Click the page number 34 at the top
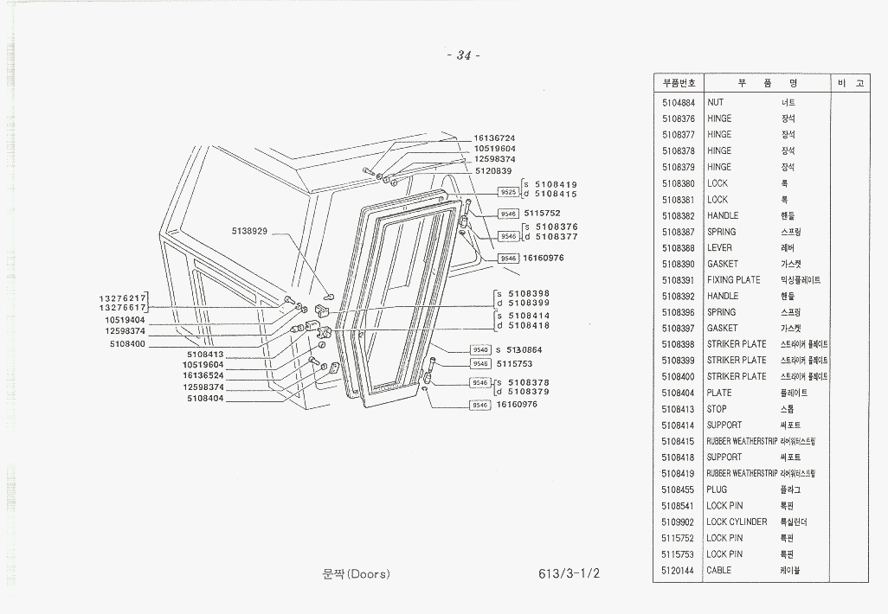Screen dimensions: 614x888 (x=463, y=56)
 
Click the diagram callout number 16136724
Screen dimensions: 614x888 (x=494, y=138)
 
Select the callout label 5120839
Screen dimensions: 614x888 (x=494, y=170)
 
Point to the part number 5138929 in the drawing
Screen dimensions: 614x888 (x=249, y=232)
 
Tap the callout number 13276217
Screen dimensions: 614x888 (x=122, y=298)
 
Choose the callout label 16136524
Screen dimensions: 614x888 (x=203, y=375)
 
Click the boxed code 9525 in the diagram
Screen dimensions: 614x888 (x=509, y=192)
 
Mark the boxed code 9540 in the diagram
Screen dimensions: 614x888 (x=480, y=349)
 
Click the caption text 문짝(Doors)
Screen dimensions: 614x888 (x=355, y=575)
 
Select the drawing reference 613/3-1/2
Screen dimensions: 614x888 (x=568, y=575)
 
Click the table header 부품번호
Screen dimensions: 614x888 (x=679, y=84)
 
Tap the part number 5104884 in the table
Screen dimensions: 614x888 (x=679, y=102)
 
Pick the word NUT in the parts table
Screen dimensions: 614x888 (x=716, y=102)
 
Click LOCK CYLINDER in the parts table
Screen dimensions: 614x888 (x=737, y=522)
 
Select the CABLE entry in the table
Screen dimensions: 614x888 (x=719, y=571)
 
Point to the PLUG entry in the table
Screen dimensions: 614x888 (x=717, y=489)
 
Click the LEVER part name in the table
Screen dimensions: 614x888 (x=719, y=248)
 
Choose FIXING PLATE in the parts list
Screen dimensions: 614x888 (x=734, y=280)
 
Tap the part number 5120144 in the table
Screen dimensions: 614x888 (x=679, y=571)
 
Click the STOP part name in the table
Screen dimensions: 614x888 (x=717, y=409)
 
